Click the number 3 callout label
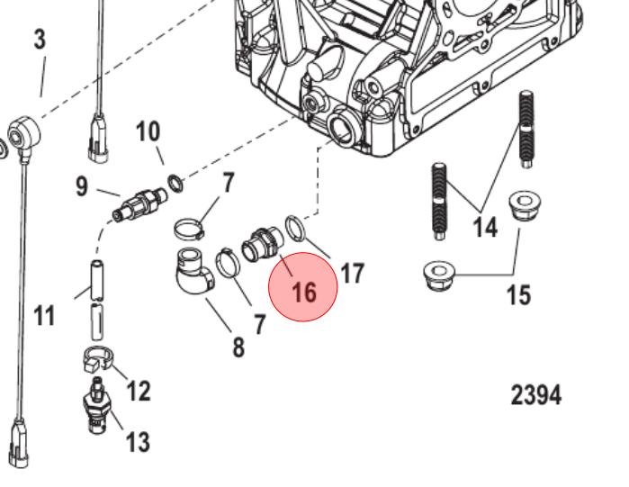pos(40,41)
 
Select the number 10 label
pos(148,132)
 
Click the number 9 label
pos(82,187)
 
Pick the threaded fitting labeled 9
pos(139,203)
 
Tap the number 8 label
pos(238,346)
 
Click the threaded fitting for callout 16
pos(263,244)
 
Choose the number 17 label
pos(352,274)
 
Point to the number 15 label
pos(519,294)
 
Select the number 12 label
pos(139,391)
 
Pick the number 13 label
pos(137,441)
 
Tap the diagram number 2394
pos(536,394)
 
